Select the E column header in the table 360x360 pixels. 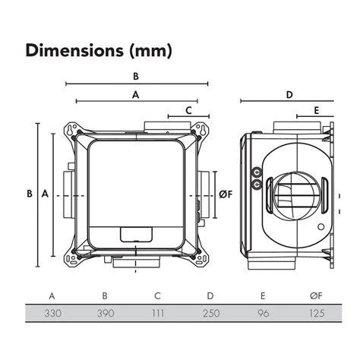pyautogui.click(x=263, y=295)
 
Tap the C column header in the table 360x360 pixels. pyautogui.click(x=156, y=295)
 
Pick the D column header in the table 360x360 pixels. pyautogui.click(x=210, y=295)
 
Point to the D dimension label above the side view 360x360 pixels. pyautogui.click(x=289, y=95)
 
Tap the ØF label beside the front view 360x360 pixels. pyautogui.click(x=225, y=194)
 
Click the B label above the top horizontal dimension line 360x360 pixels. pyautogui.click(x=136, y=76)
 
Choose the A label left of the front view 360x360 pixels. pyautogui.click(x=45, y=194)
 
